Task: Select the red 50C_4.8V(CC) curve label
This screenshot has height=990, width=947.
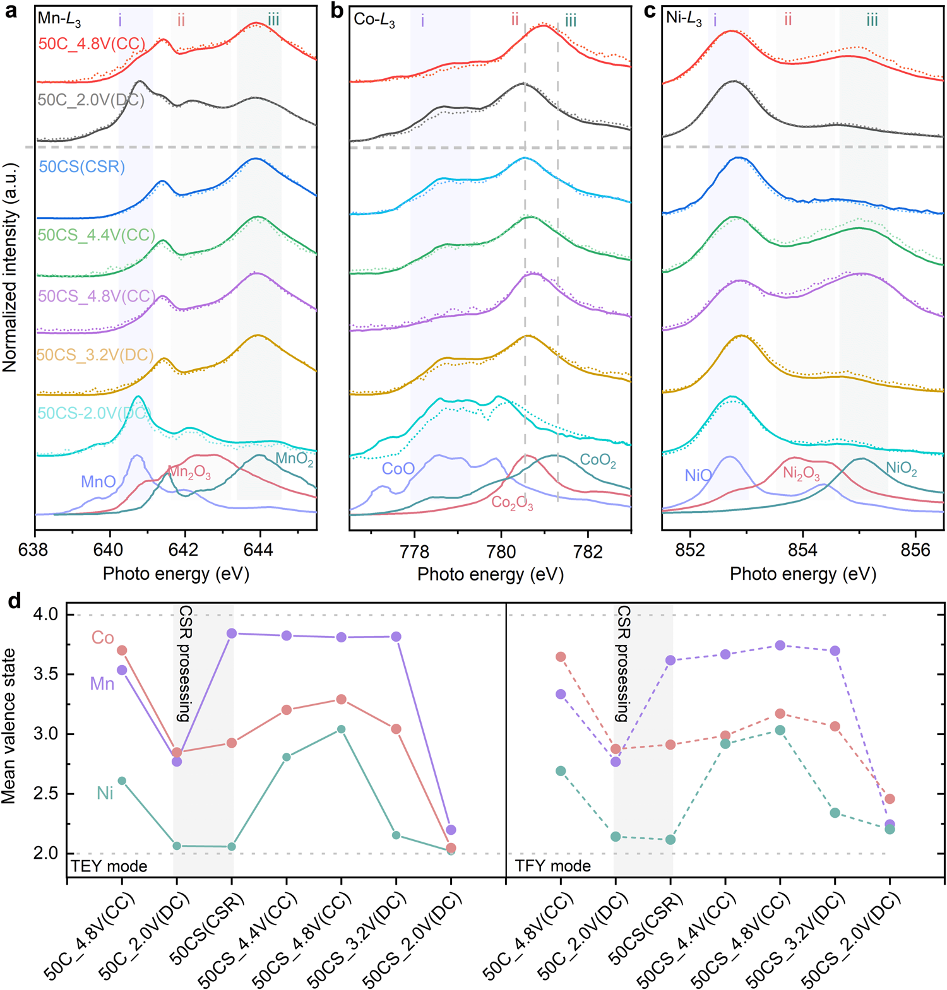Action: point(92,44)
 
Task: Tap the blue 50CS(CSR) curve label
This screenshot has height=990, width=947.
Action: point(82,167)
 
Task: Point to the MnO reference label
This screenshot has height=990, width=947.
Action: point(98,482)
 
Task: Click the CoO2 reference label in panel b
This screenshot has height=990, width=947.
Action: point(597,460)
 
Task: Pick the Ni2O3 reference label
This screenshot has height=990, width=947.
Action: point(801,473)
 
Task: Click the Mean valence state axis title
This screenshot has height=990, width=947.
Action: point(9,726)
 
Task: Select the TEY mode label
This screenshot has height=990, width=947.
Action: point(109,866)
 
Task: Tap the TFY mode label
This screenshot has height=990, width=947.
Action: point(553,866)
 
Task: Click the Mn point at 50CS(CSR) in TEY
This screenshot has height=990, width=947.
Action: point(232,633)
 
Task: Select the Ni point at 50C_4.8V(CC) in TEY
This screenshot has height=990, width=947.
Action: point(122,781)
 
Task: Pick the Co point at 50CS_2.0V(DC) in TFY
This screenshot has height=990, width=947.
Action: point(890,799)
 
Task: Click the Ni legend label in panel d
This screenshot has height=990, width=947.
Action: point(105,793)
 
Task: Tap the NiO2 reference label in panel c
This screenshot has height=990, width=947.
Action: point(902,468)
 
